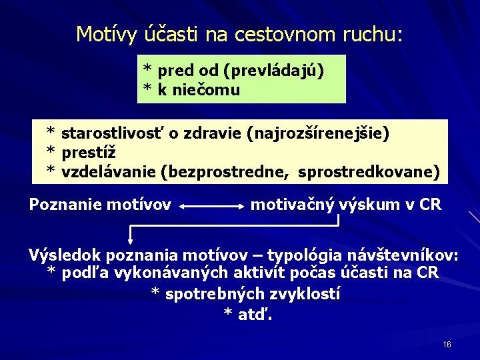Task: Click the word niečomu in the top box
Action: [x=205, y=89]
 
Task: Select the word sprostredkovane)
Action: [x=369, y=173]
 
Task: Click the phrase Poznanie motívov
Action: [x=100, y=205]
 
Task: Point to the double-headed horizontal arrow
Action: [x=212, y=207]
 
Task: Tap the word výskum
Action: [x=367, y=205]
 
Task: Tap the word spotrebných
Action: [x=207, y=293]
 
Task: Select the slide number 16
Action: [x=447, y=345]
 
